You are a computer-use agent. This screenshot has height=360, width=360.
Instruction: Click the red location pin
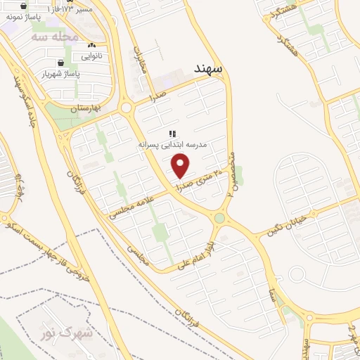pyautogui.click(x=181, y=165)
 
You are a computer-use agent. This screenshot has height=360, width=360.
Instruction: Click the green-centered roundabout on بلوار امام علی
pyautogui.click(x=219, y=218)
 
